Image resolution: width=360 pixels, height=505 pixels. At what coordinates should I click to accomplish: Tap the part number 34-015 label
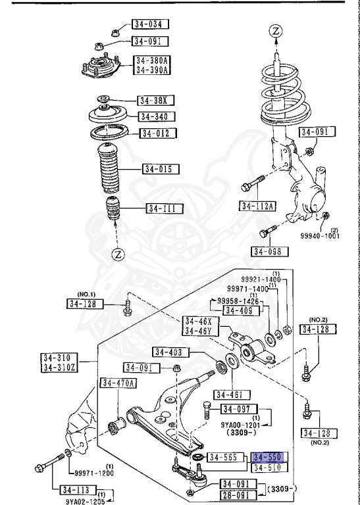161,169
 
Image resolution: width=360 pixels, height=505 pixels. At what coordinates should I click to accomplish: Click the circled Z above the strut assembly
276,30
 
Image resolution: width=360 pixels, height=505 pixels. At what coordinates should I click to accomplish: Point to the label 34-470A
117,383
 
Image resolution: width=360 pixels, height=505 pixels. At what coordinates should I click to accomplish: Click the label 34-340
157,117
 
